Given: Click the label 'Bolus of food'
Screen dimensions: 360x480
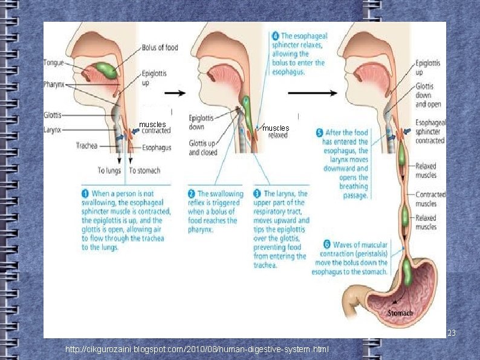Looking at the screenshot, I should pyautogui.click(x=160, y=47).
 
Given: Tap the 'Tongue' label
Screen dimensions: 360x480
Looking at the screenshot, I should pyautogui.click(x=54, y=62).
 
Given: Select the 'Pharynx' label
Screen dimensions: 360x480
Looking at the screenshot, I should pyautogui.click(x=56, y=85).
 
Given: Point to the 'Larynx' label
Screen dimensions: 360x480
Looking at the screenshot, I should pyautogui.click(x=53, y=129).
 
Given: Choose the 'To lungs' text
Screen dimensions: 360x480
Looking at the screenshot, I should pyautogui.click(x=110, y=171).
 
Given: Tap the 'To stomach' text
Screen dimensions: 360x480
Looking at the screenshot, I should pyautogui.click(x=144, y=171).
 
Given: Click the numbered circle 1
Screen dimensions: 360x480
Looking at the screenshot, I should pyautogui.click(x=85, y=194).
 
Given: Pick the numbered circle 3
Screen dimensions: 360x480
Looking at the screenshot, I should pyautogui.click(x=258, y=194).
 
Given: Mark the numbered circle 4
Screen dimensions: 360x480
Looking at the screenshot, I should pyautogui.click(x=275, y=36).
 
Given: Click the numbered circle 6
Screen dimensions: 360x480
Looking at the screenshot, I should pyautogui.click(x=326, y=244).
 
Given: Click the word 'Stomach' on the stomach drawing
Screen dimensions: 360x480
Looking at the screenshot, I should pyautogui.click(x=400, y=313).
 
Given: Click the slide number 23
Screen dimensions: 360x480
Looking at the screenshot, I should pyautogui.click(x=451, y=333).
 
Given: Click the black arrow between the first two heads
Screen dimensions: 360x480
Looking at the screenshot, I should pyautogui.click(x=176, y=93).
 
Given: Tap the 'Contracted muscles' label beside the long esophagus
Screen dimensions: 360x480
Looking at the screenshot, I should pyautogui.click(x=430, y=199).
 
